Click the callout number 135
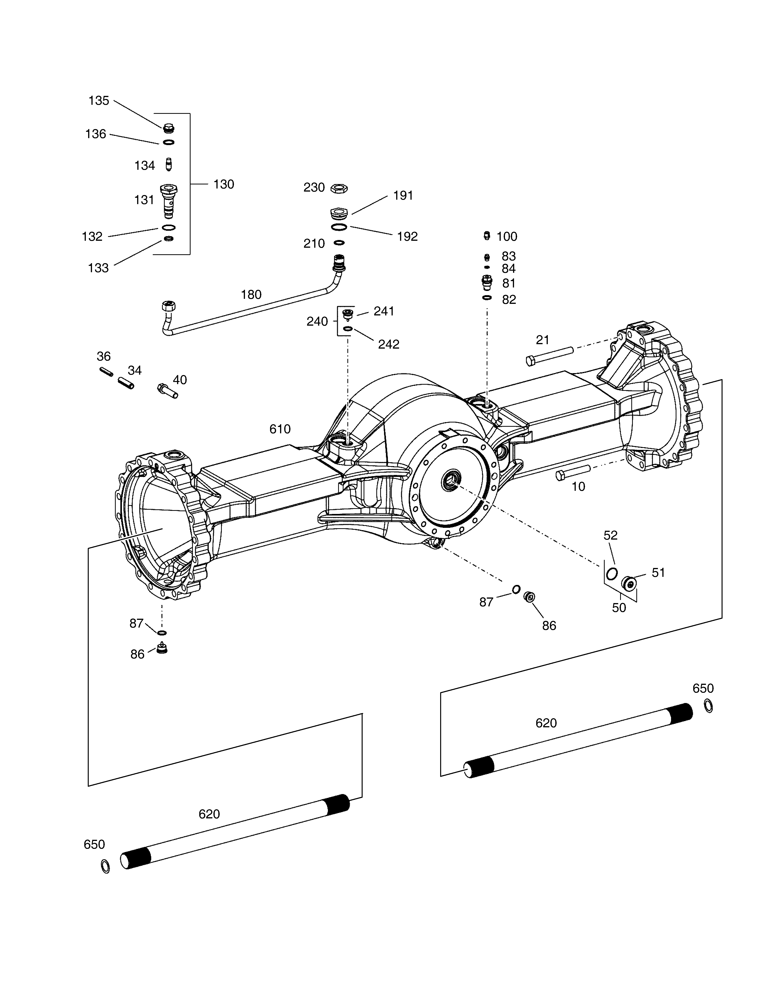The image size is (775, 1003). click(99, 101)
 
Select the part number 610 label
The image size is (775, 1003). click(280, 429)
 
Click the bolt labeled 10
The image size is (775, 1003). click(573, 473)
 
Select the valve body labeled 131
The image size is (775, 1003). click(169, 201)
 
